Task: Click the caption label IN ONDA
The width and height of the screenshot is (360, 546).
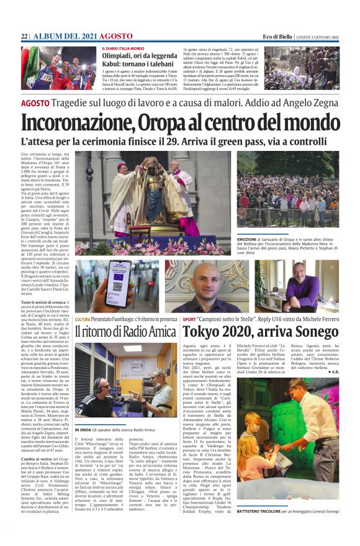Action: [x=83, y=429]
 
